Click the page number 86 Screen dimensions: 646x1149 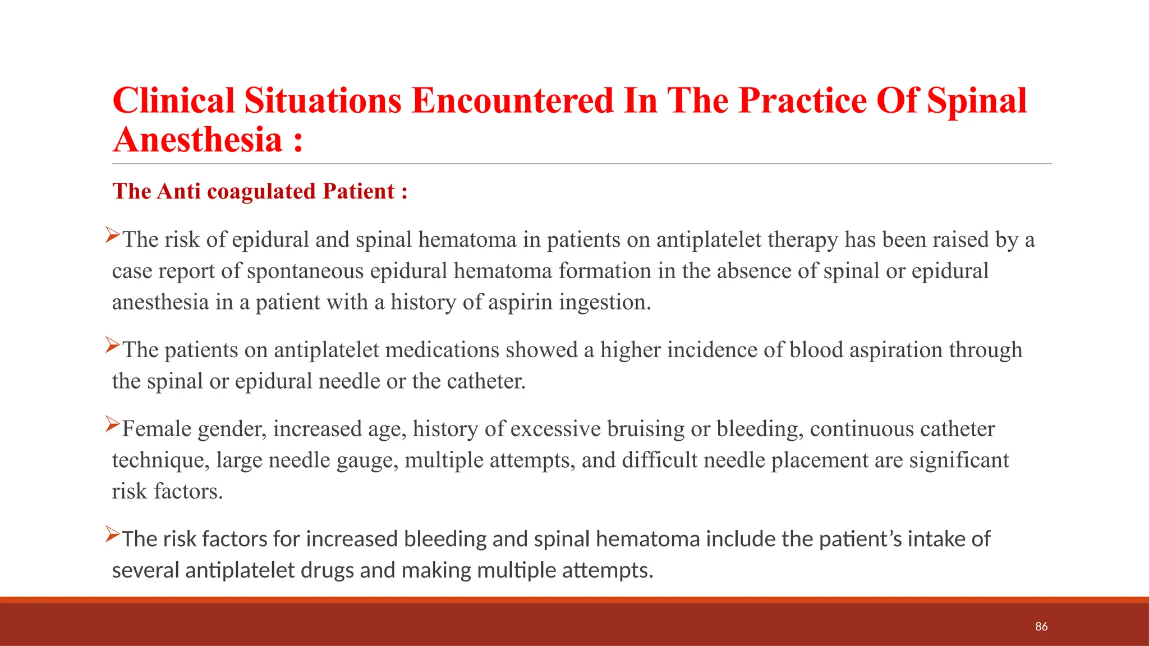point(1041,626)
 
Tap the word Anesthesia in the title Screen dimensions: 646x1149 point(197,140)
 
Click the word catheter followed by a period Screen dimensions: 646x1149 point(485,381)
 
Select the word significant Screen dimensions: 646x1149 point(958,460)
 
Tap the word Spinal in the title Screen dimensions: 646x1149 point(976,101)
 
